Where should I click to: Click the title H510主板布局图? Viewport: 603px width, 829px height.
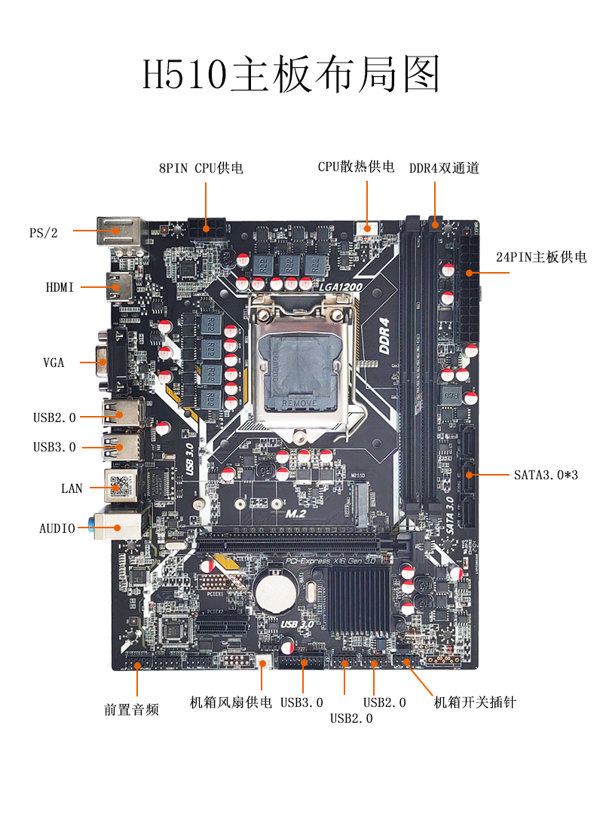[x=291, y=74]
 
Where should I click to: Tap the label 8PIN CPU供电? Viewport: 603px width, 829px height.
[x=200, y=168]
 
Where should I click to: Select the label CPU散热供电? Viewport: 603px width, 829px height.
[x=356, y=167]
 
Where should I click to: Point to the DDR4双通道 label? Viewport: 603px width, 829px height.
[x=444, y=168]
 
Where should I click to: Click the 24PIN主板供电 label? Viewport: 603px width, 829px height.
[x=540, y=258]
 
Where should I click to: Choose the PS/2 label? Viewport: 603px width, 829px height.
[x=43, y=233]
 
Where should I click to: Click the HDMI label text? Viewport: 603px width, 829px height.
[x=60, y=287]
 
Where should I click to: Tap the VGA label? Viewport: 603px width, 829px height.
[x=54, y=362]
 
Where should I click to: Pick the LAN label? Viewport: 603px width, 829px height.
[x=72, y=488]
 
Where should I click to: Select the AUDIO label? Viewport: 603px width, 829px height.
[x=57, y=528]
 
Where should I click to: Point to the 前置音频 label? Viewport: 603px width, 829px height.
[x=131, y=709]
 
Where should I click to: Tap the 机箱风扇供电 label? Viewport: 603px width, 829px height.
[x=231, y=702]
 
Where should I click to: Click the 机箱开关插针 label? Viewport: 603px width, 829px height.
[x=475, y=702]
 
